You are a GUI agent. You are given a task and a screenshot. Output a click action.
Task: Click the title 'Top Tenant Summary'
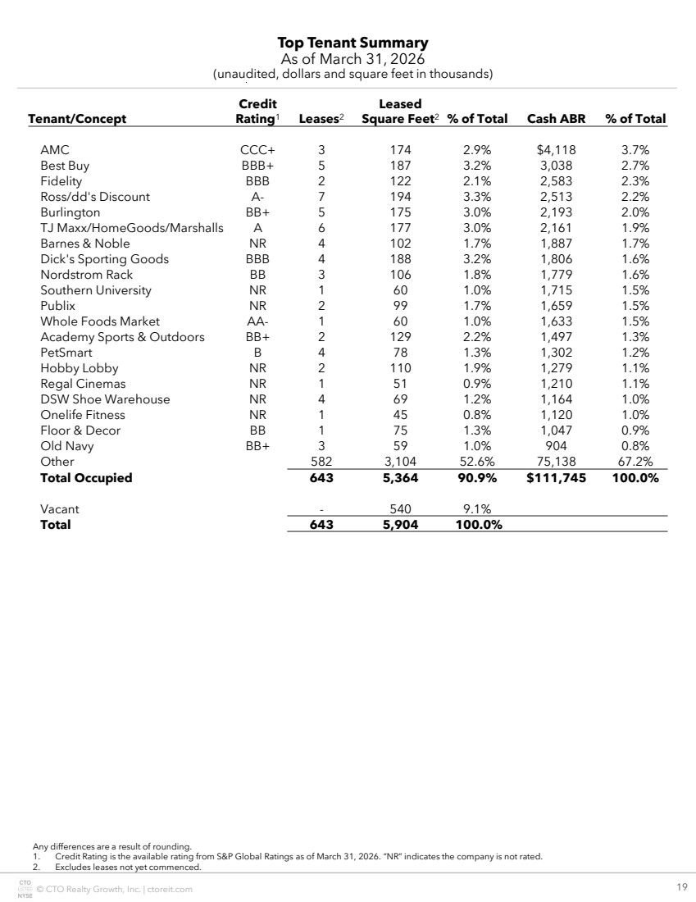pos(353,43)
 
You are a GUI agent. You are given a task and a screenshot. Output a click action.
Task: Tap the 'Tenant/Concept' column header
pos(77,119)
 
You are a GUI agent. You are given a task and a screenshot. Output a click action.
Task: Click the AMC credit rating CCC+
pos(257,150)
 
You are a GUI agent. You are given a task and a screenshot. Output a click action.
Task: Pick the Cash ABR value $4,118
pos(555,150)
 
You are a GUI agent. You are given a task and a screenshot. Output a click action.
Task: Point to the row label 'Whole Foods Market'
pos(100,321)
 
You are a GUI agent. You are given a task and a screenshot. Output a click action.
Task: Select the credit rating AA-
pos(257,321)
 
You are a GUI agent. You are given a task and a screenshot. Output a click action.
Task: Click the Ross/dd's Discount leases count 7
pos(321,197)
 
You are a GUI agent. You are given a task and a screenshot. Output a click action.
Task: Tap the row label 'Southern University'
pos(96,290)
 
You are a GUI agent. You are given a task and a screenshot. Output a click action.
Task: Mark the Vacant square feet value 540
pos(401,509)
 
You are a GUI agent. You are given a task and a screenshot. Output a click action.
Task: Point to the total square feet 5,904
pos(400,525)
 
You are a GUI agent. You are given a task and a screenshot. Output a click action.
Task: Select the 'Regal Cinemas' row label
pos(83,384)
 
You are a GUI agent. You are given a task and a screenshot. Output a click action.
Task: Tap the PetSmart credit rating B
pos(257,353)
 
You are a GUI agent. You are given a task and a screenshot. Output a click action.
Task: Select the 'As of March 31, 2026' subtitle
pos(353,59)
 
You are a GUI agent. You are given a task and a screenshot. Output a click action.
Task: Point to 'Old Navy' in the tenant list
pos(67,446)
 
